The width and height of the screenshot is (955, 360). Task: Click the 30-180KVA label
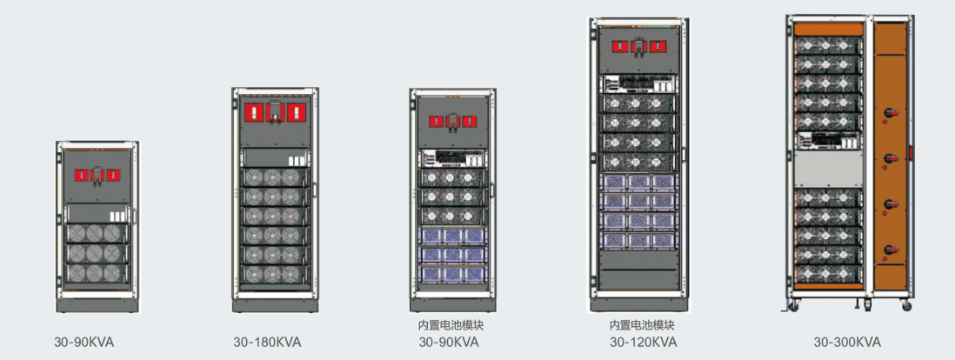click(x=267, y=342)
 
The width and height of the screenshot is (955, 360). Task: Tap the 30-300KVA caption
click(x=847, y=342)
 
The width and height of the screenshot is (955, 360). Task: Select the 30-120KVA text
click(x=643, y=342)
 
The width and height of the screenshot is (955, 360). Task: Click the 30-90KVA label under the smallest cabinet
click(x=83, y=342)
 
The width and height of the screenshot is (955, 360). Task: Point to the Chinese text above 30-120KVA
click(x=643, y=325)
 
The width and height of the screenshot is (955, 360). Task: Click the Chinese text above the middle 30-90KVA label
click(x=449, y=325)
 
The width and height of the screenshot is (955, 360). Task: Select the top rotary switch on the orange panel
click(x=890, y=114)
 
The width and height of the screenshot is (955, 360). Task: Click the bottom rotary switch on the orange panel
click(x=890, y=250)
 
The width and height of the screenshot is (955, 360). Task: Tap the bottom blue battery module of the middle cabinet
click(x=451, y=273)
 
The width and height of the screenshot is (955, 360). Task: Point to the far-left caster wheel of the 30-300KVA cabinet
click(x=792, y=304)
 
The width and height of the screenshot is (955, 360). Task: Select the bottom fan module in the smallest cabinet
click(x=95, y=272)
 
